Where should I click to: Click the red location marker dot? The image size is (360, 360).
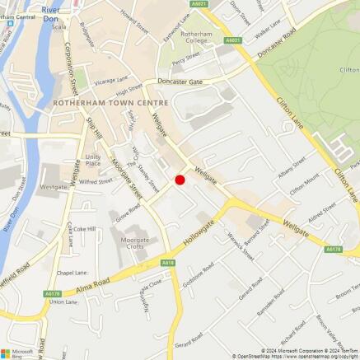pos(180,179)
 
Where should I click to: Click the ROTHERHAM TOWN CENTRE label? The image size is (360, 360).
pos(110,102)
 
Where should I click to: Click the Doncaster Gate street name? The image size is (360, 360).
pos(180,82)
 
